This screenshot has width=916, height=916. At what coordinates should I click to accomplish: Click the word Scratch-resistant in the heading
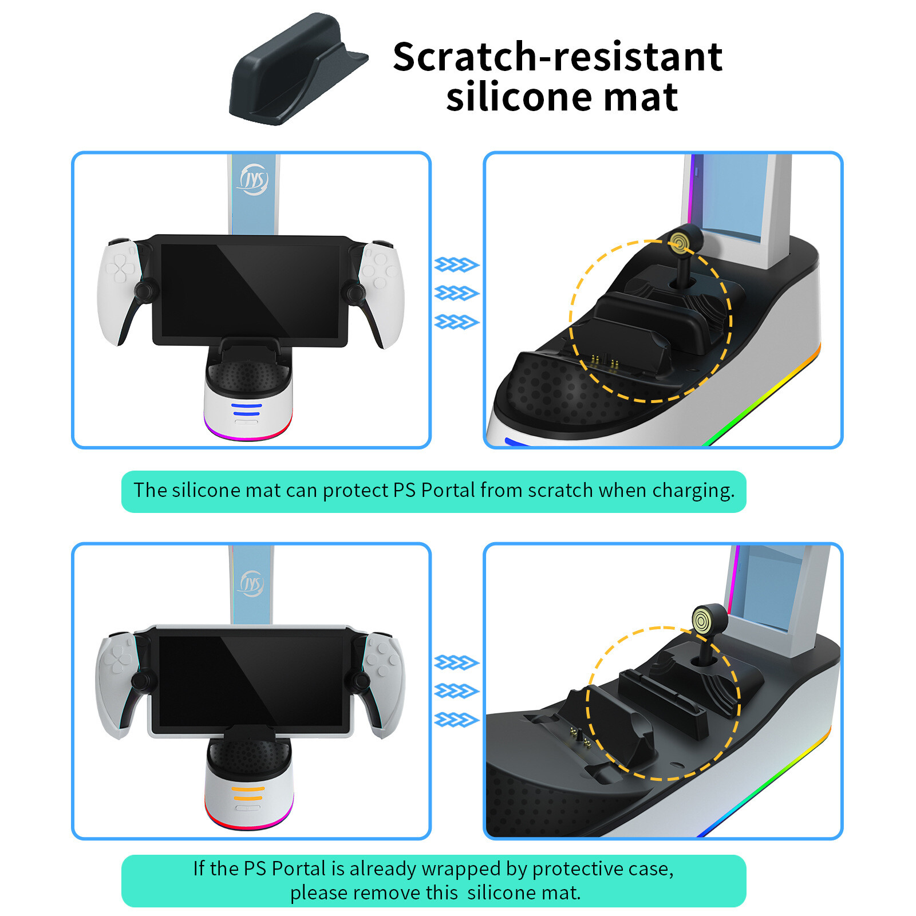[558, 57]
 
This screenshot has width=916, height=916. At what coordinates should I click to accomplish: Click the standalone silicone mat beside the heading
[298, 70]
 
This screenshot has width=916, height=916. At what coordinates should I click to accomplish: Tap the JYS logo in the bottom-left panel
[251, 583]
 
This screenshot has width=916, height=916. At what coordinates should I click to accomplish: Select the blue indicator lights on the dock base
[247, 409]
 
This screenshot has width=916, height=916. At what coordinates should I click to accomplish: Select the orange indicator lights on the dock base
[248, 793]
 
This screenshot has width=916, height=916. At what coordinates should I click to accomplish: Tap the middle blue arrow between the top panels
[456, 293]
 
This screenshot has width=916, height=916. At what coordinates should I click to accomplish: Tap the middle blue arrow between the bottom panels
[456, 691]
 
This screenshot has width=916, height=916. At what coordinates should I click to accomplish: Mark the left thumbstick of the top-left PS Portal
[143, 289]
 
